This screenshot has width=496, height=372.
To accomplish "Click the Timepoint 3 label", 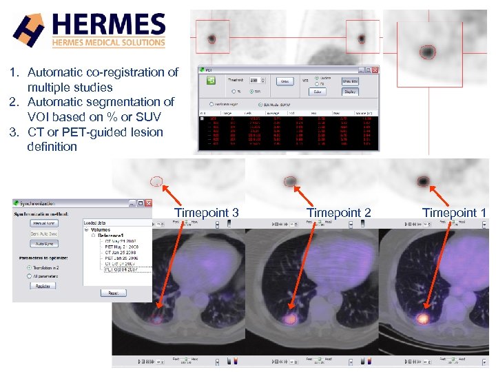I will [206, 212].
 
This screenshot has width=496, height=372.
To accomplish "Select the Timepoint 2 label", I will [338, 212].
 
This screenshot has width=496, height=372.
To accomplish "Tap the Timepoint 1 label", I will [454, 212].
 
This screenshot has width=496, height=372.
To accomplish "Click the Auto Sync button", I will [44, 244].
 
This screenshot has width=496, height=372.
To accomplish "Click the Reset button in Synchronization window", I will [113, 293].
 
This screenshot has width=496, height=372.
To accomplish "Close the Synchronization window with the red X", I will [147, 203].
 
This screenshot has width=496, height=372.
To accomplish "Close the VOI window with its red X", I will [375, 70].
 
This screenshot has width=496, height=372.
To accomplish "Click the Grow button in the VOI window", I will [285, 81].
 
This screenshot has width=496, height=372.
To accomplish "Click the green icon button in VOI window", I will [211, 81].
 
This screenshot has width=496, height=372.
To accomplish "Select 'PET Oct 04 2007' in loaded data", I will [121, 269].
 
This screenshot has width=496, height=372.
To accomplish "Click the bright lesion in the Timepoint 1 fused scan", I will [422, 319].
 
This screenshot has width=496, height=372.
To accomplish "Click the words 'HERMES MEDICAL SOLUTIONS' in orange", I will [109, 42].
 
